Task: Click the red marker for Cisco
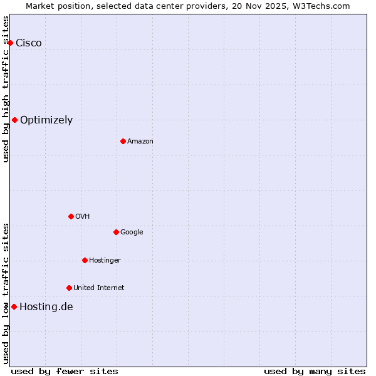pyautogui.click(x=10, y=43)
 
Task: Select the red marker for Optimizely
pyautogui.click(x=14, y=120)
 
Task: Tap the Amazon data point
pyautogui.click(x=123, y=141)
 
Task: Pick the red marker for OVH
pyautogui.click(x=71, y=216)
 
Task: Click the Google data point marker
pyautogui.click(x=116, y=232)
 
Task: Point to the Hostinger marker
pyautogui.click(x=85, y=260)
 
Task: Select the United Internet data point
pyautogui.click(x=69, y=288)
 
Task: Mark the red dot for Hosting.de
pyautogui.click(x=14, y=306)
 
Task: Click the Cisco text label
pyautogui.click(x=29, y=43)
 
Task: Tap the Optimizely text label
pyautogui.click(x=46, y=120)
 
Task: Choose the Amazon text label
pyautogui.click(x=140, y=141)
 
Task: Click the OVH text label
pyautogui.click(x=83, y=216)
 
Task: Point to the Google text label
pyautogui.click(x=132, y=232)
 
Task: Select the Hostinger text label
pyautogui.click(x=105, y=260)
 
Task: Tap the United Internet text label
pyautogui.click(x=99, y=288)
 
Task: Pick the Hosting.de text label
pyautogui.click(x=46, y=306)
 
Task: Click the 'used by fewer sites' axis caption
pyautogui.click(x=65, y=371)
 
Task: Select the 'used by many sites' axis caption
pyautogui.click(x=315, y=371)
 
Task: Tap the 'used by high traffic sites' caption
pyautogui.click(x=6, y=89)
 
